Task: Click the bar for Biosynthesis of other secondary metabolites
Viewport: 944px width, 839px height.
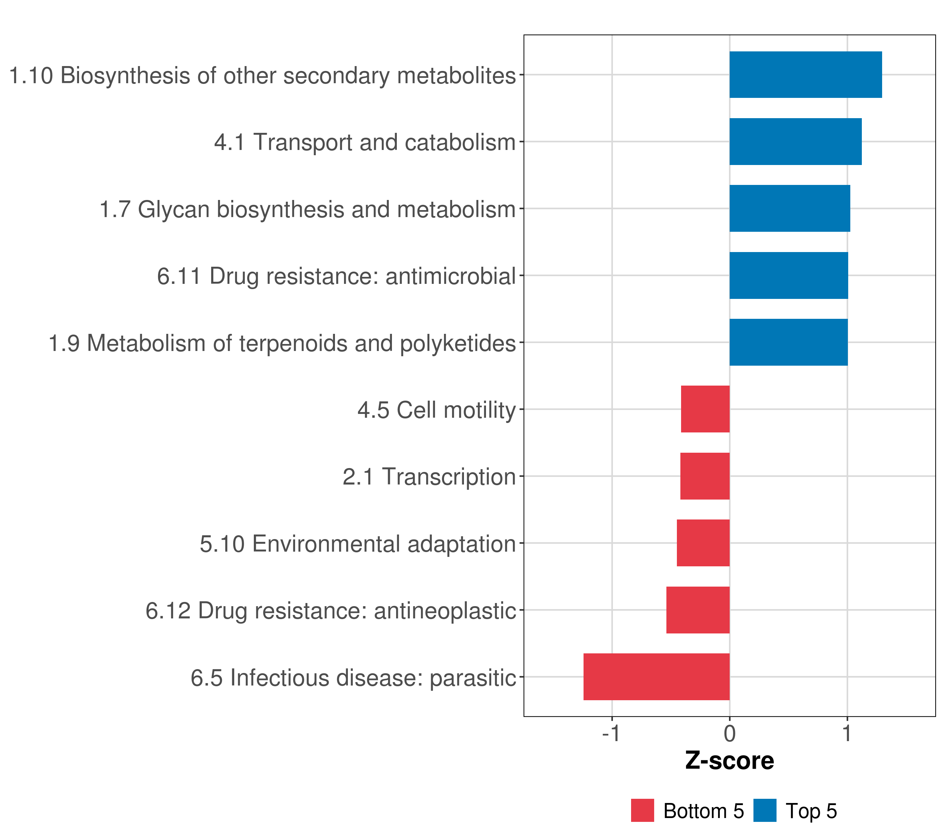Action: click(806, 75)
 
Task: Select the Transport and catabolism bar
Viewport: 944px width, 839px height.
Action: click(795, 142)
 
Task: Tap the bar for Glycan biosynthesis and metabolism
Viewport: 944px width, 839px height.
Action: click(790, 208)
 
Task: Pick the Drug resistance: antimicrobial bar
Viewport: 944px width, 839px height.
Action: click(788, 276)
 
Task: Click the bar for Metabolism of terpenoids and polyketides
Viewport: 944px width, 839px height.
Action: click(788, 342)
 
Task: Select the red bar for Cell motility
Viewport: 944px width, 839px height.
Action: click(705, 409)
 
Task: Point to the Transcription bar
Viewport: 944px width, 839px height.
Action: click(705, 476)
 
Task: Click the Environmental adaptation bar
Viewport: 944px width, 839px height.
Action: click(703, 543)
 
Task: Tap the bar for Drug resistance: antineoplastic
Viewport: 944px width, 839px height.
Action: click(698, 610)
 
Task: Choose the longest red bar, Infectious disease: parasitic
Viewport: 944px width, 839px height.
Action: click(656, 677)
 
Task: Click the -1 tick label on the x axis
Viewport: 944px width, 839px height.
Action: click(611, 734)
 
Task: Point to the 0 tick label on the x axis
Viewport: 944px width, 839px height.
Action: click(730, 734)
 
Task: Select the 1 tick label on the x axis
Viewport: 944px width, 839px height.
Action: click(846, 734)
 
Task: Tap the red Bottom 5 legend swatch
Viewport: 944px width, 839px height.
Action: click(642, 810)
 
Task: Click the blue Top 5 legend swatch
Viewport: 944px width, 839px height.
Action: click(765, 810)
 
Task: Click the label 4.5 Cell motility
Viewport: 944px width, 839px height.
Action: click(436, 410)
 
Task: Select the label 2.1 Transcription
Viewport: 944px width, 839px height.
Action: click(429, 477)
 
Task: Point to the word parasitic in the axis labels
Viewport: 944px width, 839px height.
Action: click(472, 678)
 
